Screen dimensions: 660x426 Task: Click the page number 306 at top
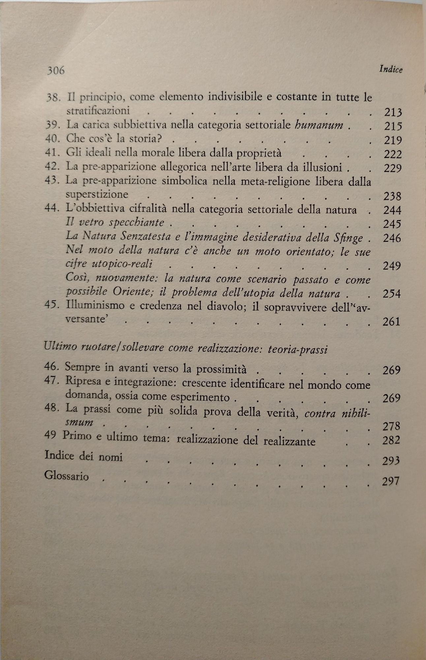[x=55, y=70]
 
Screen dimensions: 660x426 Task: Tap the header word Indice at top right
[x=391, y=69]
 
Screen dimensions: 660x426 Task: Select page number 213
[x=393, y=113]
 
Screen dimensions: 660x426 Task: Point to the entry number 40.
[x=51, y=139]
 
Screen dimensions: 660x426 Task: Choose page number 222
[x=393, y=154]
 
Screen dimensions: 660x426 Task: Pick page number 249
[x=392, y=266]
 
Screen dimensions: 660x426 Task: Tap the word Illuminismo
[x=95, y=306]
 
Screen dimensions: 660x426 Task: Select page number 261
[x=391, y=321]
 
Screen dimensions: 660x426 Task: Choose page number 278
[x=391, y=426]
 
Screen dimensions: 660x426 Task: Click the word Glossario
[x=66, y=476]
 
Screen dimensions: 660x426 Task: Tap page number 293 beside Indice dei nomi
[x=391, y=461]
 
